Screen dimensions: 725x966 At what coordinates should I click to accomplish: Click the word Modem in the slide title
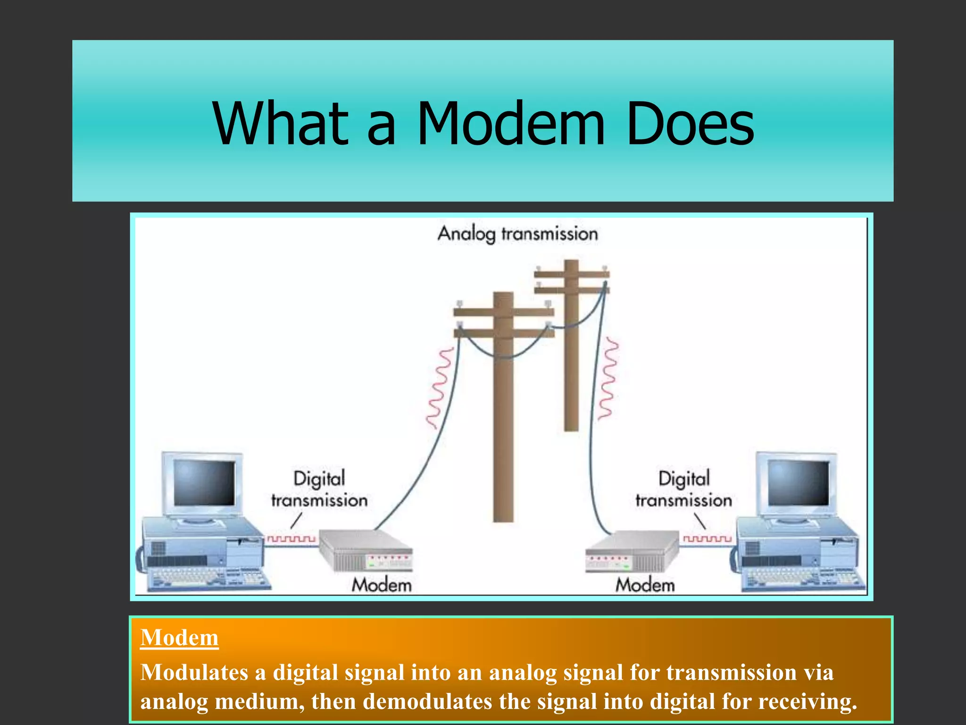tap(510, 124)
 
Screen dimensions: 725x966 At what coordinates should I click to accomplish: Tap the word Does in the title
tap(691, 124)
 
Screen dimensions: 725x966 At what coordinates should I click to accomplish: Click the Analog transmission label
tap(517, 234)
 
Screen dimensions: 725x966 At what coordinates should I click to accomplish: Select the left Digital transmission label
tap(319, 489)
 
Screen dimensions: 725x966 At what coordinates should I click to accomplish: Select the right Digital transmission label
tap(683, 489)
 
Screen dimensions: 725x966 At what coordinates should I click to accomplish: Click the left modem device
tap(366, 550)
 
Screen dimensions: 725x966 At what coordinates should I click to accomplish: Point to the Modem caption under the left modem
tap(382, 585)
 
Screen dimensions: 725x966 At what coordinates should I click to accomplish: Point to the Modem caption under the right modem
tap(645, 585)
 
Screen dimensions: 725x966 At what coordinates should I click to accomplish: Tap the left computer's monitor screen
tap(204, 482)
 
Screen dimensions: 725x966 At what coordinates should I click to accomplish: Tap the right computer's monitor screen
tap(798, 482)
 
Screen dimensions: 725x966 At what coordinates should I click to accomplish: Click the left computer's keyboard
tap(208, 579)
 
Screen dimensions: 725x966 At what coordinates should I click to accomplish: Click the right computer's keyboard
tap(802, 579)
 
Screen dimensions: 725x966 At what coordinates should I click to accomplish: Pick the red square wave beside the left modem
tap(291, 539)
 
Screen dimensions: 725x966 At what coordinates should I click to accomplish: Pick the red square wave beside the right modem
tap(707, 539)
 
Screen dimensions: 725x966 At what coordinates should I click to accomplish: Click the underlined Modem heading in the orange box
tap(179, 638)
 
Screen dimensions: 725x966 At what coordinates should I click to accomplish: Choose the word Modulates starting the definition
tap(194, 673)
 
